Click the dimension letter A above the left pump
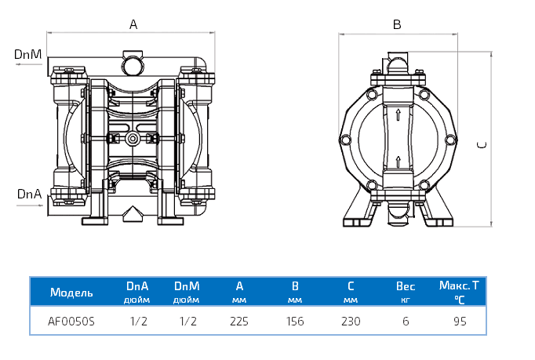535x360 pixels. (x=133, y=24)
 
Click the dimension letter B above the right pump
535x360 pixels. (x=397, y=25)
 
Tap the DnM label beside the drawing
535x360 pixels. (x=27, y=54)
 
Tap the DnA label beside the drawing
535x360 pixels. (x=28, y=193)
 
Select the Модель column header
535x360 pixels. (x=71, y=293)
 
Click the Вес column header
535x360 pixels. (x=406, y=287)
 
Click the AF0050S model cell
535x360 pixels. (x=71, y=321)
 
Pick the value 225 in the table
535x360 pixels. (x=239, y=321)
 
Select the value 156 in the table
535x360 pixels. (x=295, y=321)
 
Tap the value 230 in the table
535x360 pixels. (x=351, y=321)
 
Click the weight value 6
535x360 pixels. (x=406, y=321)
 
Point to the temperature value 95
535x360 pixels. (x=460, y=321)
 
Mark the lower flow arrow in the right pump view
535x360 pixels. (x=399, y=162)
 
